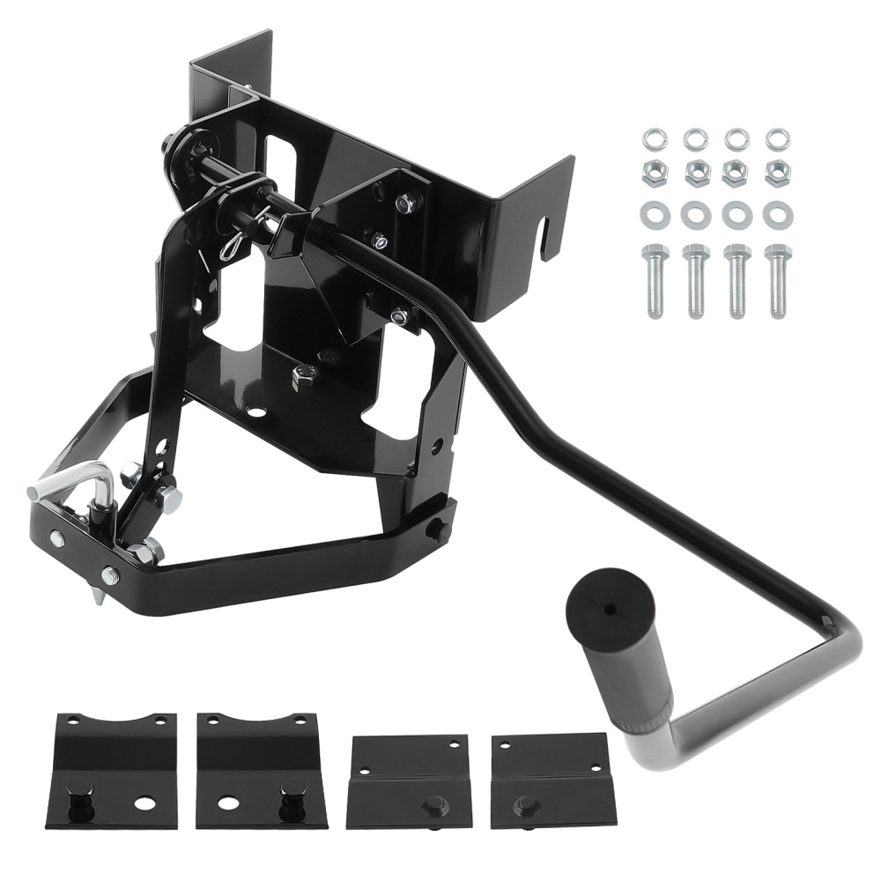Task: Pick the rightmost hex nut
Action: [x=776, y=173]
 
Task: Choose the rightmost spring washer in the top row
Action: [x=776, y=138]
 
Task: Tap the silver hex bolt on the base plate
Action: [x=300, y=376]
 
